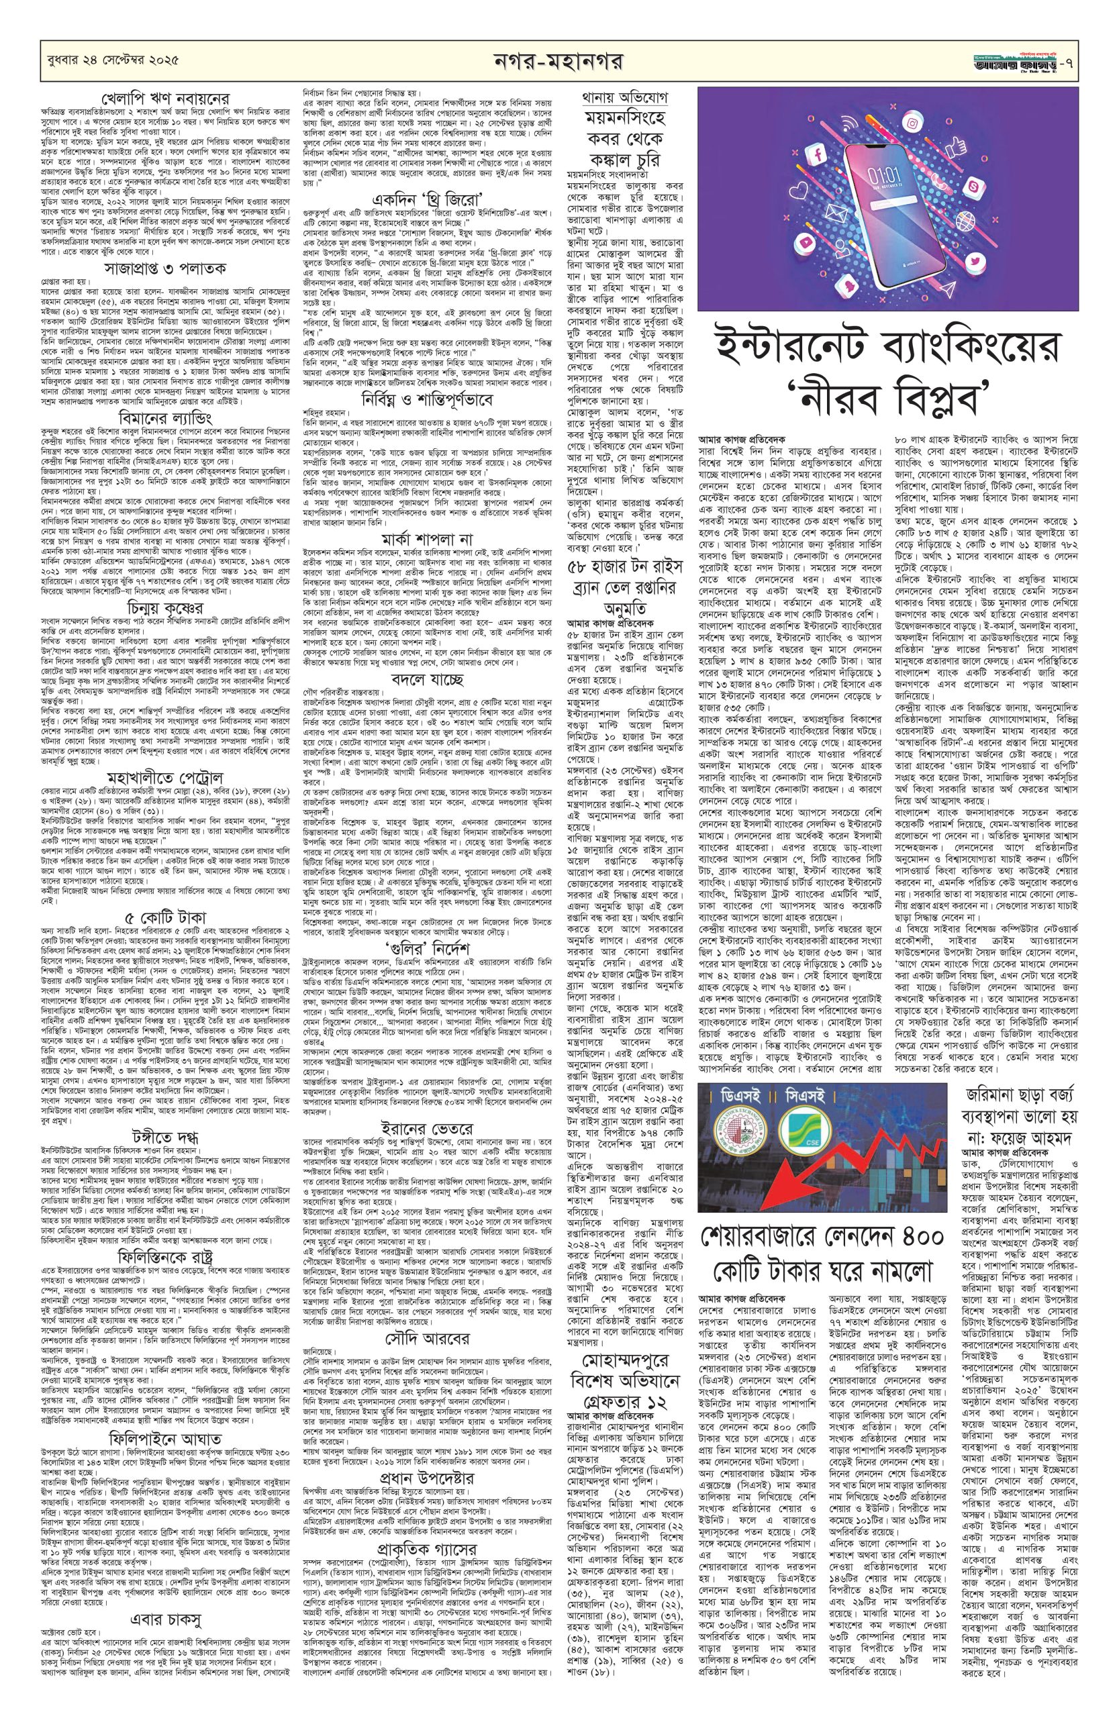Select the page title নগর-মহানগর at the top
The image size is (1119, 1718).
[560, 57]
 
